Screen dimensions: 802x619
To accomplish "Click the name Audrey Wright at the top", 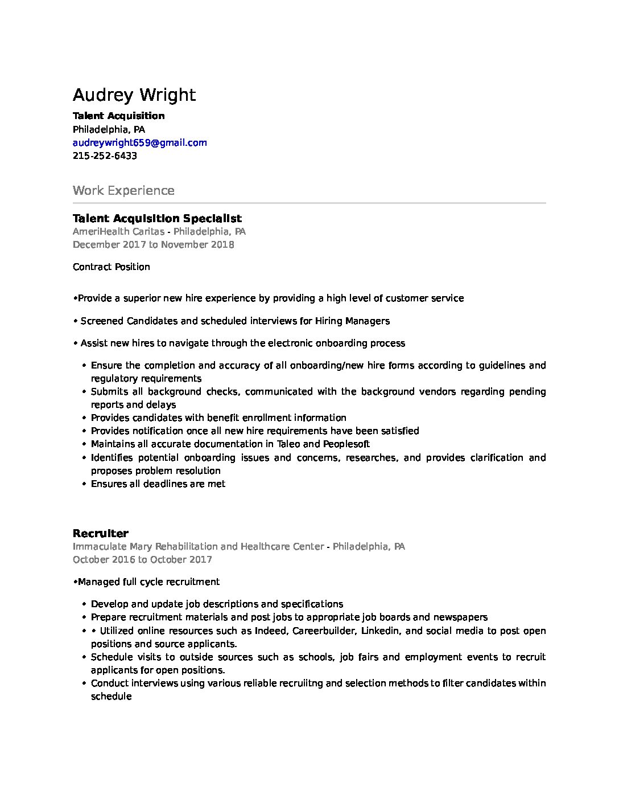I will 134,95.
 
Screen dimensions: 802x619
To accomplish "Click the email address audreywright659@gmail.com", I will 139,142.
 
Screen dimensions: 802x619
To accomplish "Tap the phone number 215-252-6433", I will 105,156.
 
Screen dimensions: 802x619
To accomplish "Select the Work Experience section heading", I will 123,190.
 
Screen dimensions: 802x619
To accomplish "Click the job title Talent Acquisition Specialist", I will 157,218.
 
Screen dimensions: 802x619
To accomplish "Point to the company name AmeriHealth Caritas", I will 118,231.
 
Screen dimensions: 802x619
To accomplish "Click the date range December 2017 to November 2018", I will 153,244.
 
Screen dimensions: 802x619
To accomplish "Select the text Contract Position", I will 112,267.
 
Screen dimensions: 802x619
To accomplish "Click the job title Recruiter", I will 100,533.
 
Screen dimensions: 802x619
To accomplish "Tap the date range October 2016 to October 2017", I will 142,559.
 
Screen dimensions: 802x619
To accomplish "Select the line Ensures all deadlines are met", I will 158,484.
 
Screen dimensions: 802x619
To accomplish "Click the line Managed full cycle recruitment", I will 148,582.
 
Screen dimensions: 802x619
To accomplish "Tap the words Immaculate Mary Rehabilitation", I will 145,546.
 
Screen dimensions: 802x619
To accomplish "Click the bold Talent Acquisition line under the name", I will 118,116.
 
